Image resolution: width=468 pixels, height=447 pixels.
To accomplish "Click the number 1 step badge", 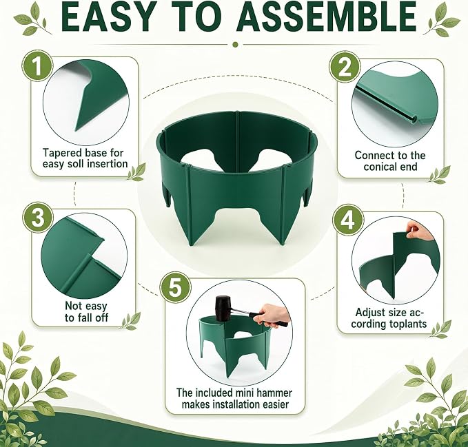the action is click(37, 65).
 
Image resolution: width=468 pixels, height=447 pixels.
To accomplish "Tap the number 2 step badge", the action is click(345, 67).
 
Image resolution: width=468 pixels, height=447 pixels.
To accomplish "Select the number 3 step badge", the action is click(38, 218).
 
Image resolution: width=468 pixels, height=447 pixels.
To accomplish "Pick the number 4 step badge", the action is click(348, 220).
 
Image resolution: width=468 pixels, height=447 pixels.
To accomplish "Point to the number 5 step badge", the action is click(175, 288).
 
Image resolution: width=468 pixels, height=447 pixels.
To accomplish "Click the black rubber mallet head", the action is click(223, 308).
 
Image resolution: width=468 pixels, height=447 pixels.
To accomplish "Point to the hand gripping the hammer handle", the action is click(273, 315).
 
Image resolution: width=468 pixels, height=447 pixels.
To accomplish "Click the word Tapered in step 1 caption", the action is click(62, 153).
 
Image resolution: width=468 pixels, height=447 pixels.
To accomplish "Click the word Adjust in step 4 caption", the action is click(371, 313).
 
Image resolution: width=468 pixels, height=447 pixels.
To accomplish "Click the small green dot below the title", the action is click(235, 45).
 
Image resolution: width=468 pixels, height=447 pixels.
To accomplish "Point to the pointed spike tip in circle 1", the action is click(77, 130).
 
